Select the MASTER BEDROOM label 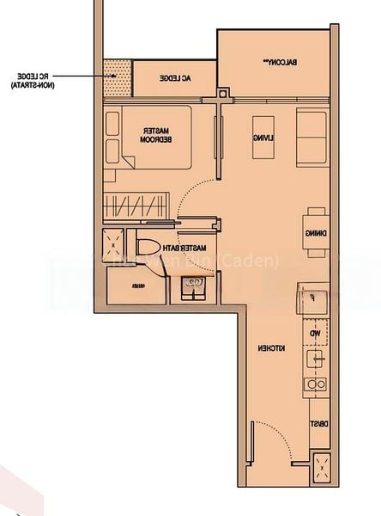click(158, 137)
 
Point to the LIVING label click(258, 138)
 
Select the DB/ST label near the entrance click(316, 423)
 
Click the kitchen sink click(315, 358)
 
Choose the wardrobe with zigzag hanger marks click(127, 206)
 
